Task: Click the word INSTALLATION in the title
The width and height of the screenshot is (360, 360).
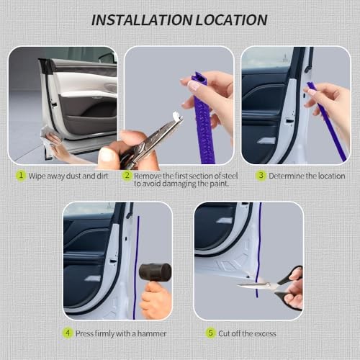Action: (142, 19)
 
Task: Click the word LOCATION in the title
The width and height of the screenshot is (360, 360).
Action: (232, 19)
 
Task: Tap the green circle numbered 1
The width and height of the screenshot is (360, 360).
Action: (21, 176)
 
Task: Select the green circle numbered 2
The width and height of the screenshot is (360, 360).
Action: (127, 176)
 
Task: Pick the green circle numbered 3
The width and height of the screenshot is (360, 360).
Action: (261, 176)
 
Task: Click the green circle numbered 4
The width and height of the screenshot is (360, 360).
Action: (68, 333)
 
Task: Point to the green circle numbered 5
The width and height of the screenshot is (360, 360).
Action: (210, 333)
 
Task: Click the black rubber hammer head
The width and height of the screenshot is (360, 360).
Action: (156, 272)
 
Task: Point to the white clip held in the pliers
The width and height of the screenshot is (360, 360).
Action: (177, 116)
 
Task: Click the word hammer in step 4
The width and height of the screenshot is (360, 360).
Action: (152, 333)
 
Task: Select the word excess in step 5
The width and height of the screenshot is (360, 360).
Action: (265, 333)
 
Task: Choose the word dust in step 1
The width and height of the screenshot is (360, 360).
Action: (73, 176)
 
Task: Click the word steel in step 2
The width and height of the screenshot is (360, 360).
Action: (230, 176)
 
